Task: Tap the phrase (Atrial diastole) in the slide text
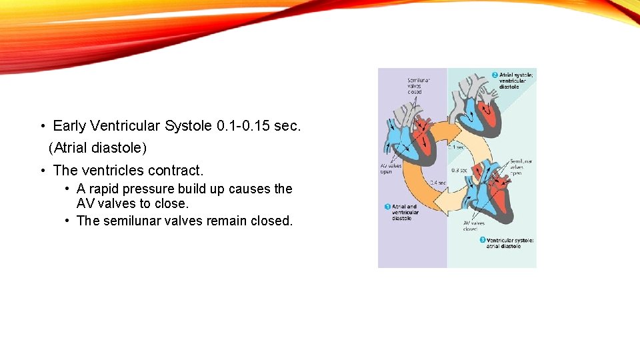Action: coord(98,147)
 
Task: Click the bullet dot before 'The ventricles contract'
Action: coord(43,171)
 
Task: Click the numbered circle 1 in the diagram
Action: coord(387,207)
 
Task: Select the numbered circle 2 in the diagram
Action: coord(495,75)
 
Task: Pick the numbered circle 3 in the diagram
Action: coord(482,239)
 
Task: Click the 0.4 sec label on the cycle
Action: coord(437,182)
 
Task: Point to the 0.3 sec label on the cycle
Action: coord(459,169)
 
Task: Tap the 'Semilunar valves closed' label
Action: coord(419,86)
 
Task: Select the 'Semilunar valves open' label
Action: coord(521,166)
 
